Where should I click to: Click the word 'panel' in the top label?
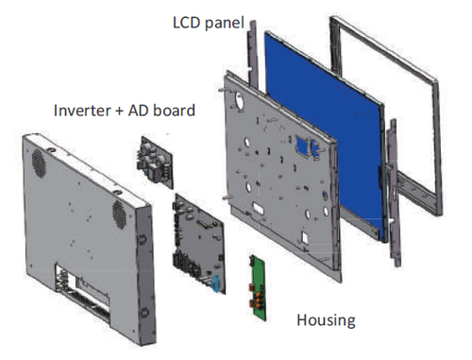click(x=226, y=19)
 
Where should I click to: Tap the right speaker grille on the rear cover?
click(x=120, y=210)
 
